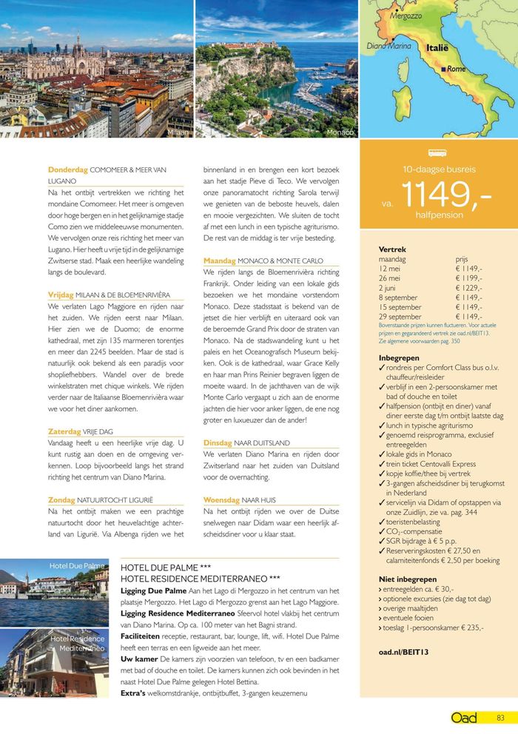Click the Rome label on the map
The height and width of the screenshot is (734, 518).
tap(456, 69)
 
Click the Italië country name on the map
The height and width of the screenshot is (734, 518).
tap(437, 47)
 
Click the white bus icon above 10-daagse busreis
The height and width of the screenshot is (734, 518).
tap(437, 153)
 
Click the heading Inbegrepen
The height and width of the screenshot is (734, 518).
tap(399, 358)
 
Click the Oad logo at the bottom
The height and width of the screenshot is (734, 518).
tap(464, 717)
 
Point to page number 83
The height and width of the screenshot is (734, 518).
tap(501, 717)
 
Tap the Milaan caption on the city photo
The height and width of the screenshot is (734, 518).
tap(178, 132)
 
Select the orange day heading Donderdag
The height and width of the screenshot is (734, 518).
tap(68, 170)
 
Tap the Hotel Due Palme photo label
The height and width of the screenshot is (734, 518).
tap(77, 566)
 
